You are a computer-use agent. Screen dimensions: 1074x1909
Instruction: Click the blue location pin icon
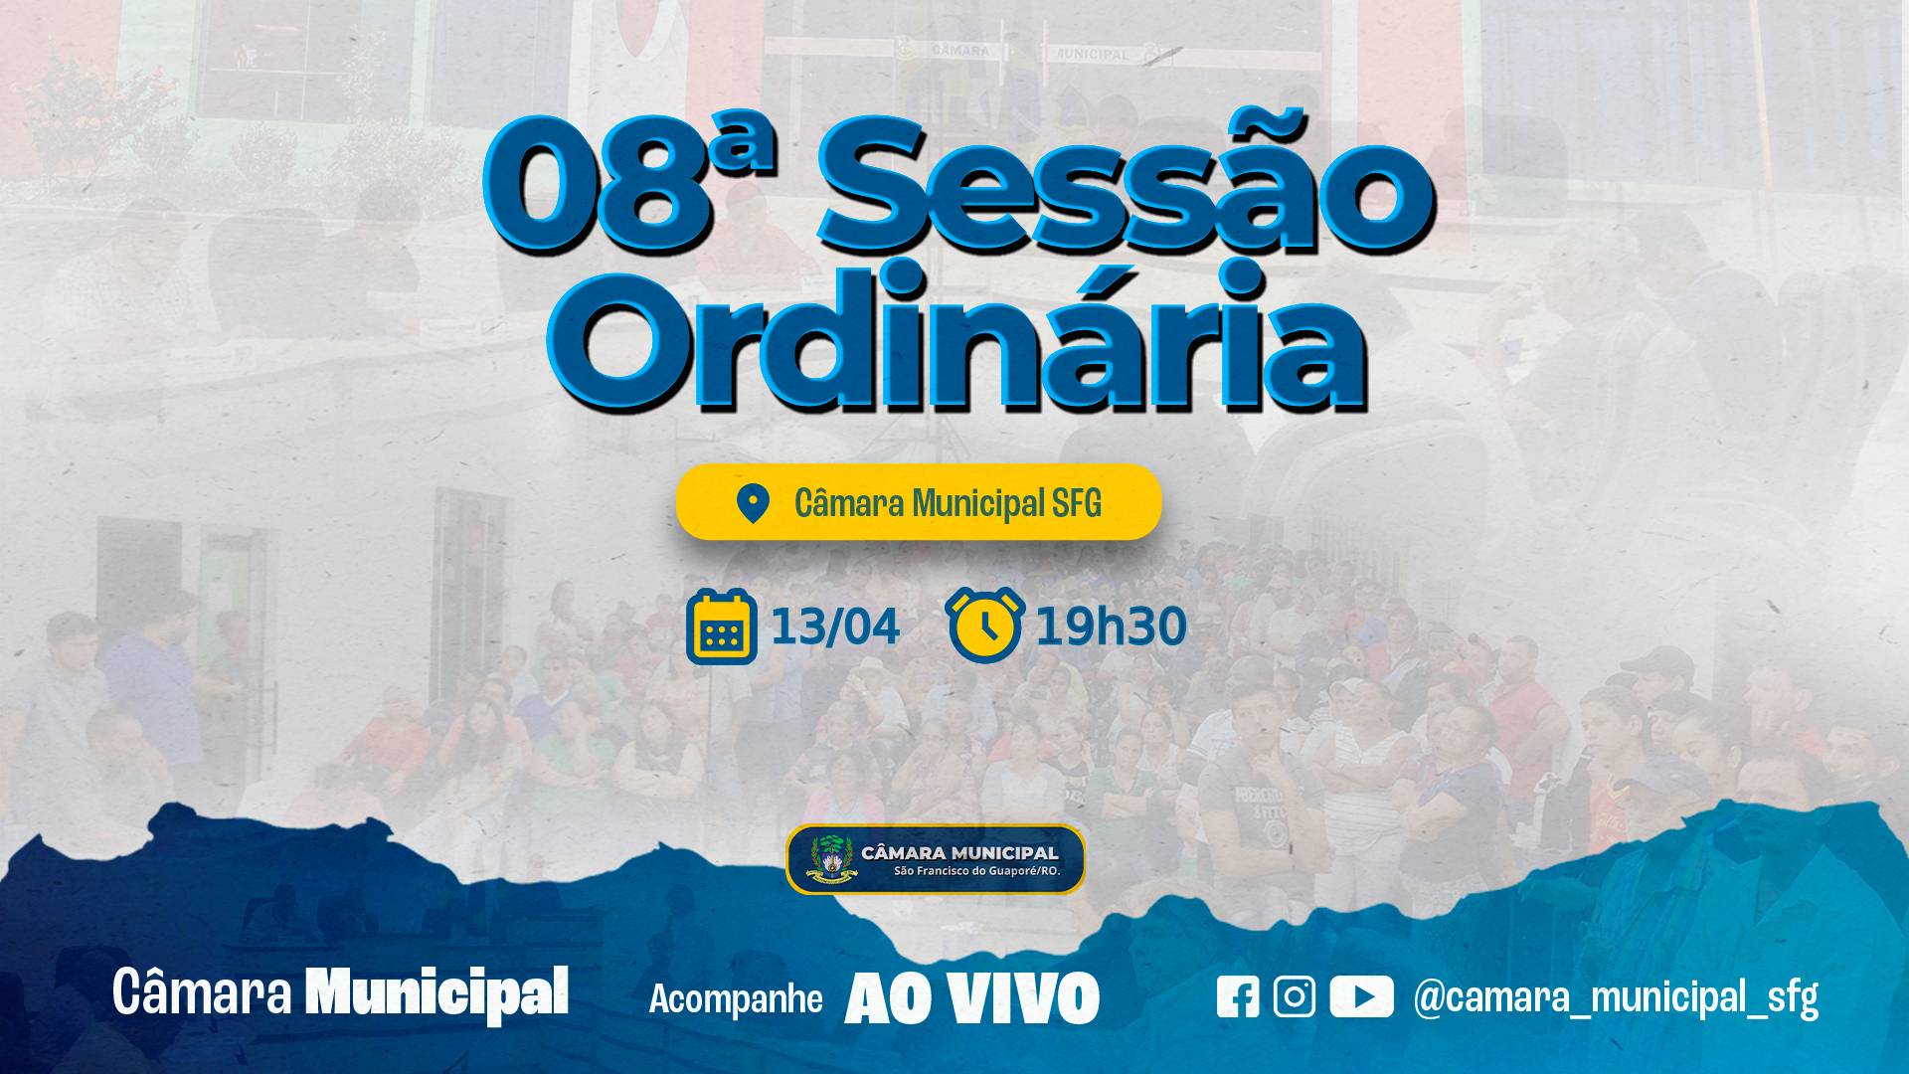753,503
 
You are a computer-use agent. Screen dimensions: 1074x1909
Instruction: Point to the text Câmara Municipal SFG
948,504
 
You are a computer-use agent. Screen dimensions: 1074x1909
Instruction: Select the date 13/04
835,627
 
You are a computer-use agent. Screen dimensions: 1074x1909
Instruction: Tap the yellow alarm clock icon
985,625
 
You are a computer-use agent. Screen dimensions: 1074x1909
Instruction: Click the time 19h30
1111,627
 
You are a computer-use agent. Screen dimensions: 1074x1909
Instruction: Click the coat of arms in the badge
831,859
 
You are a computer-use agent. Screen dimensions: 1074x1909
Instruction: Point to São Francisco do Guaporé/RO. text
976,871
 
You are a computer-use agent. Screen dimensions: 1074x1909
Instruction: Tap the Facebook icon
1238,996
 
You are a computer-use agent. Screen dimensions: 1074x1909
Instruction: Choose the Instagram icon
1294,996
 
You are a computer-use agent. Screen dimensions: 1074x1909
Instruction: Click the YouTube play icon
1361,996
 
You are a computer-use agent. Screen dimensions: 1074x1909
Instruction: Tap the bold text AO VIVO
971,997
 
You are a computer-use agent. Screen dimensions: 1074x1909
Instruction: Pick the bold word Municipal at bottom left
436,993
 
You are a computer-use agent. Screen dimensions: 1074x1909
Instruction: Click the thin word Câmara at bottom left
202,992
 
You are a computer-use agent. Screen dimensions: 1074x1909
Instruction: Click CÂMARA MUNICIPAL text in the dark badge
959,852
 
